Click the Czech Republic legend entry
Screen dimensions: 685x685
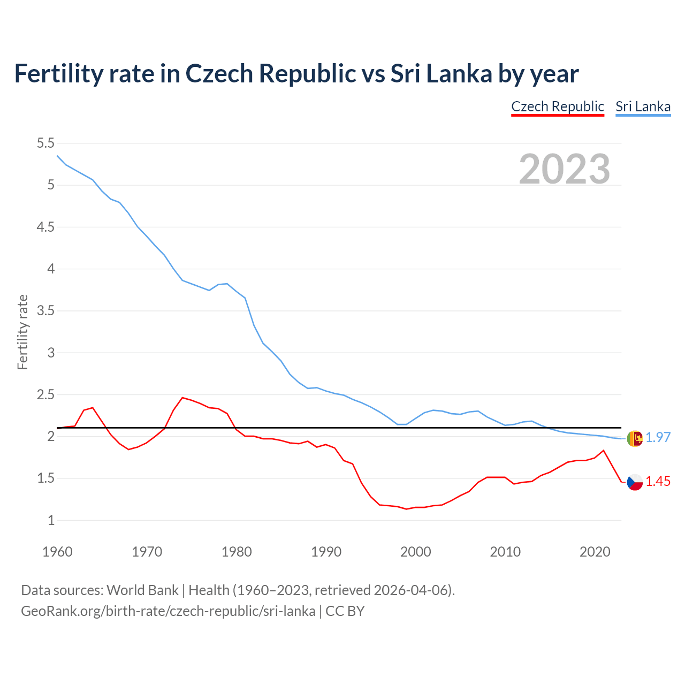[x=558, y=106]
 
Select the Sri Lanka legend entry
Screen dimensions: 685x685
[x=643, y=106]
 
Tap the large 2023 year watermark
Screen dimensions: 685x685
[x=565, y=169]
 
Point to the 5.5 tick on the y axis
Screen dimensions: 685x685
[x=45, y=143]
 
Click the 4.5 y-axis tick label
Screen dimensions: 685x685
[x=45, y=227]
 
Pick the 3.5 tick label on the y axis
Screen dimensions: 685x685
[x=45, y=311]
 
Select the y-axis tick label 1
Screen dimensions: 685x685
[x=51, y=520]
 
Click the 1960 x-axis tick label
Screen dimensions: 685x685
[x=57, y=552]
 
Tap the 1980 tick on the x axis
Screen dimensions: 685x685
[x=237, y=552]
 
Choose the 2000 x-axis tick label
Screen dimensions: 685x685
[x=416, y=552]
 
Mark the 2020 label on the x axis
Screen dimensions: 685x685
[x=595, y=552]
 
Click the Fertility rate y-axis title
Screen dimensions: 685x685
[x=22, y=332]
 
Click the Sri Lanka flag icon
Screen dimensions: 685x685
[x=634, y=438]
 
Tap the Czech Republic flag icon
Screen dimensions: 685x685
[x=634, y=482]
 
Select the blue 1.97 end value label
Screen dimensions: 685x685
[x=658, y=438]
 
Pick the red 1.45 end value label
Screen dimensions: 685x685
[x=658, y=482]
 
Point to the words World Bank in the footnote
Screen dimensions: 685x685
[x=142, y=590]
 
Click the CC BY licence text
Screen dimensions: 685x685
[x=345, y=611]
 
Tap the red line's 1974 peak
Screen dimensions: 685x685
[x=182, y=398]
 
